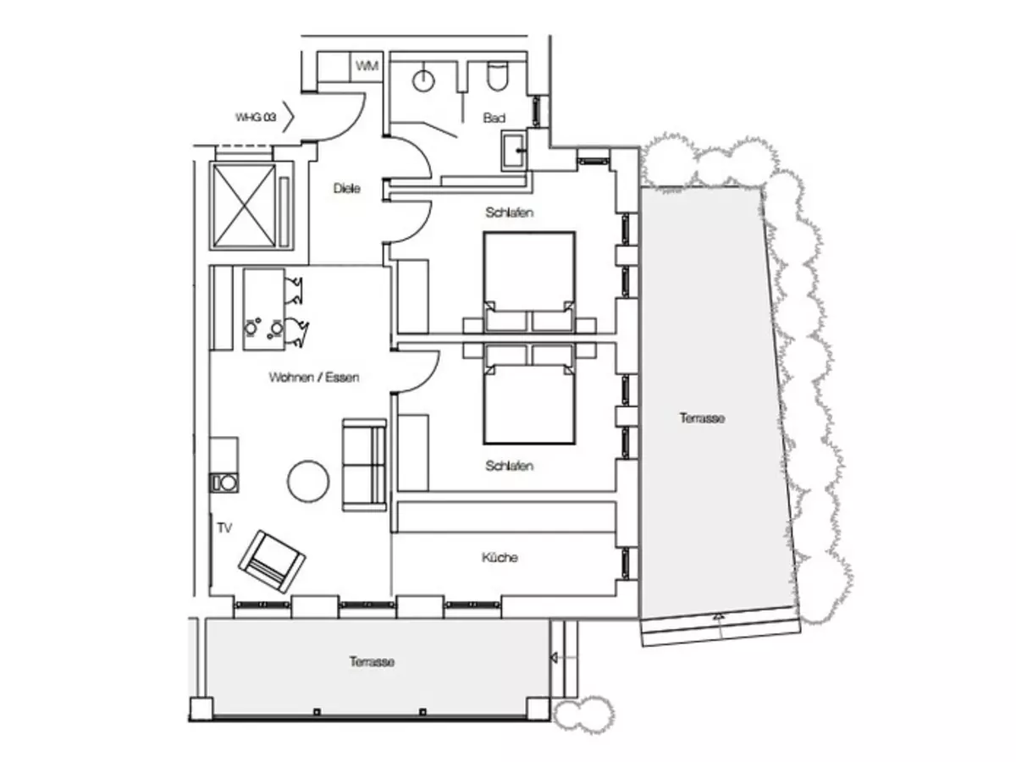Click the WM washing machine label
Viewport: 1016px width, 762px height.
click(x=367, y=66)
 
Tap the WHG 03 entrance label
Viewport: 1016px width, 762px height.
click(x=256, y=117)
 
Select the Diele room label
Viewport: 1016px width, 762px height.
click(x=346, y=188)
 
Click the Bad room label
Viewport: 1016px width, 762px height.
click(x=494, y=118)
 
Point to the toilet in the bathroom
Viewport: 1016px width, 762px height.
click(x=497, y=76)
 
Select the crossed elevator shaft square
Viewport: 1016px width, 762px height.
click(x=244, y=205)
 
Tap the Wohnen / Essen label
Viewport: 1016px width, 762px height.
click(x=314, y=378)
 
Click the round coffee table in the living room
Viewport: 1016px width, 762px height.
click(x=308, y=481)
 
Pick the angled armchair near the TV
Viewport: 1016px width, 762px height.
click(x=272, y=561)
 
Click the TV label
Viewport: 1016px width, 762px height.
click(x=224, y=527)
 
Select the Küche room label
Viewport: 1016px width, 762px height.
click(x=500, y=557)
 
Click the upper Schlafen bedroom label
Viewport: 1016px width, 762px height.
click(x=509, y=213)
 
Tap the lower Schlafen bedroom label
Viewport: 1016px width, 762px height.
click(x=509, y=466)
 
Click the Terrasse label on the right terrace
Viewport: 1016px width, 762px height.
click(x=702, y=418)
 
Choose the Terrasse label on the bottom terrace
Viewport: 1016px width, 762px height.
click(x=373, y=661)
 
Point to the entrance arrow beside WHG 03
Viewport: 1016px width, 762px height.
click(x=289, y=117)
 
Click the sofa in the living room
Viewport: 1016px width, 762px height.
click(x=364, y=465)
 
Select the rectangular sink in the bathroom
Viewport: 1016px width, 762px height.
click(x=513, y=151)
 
